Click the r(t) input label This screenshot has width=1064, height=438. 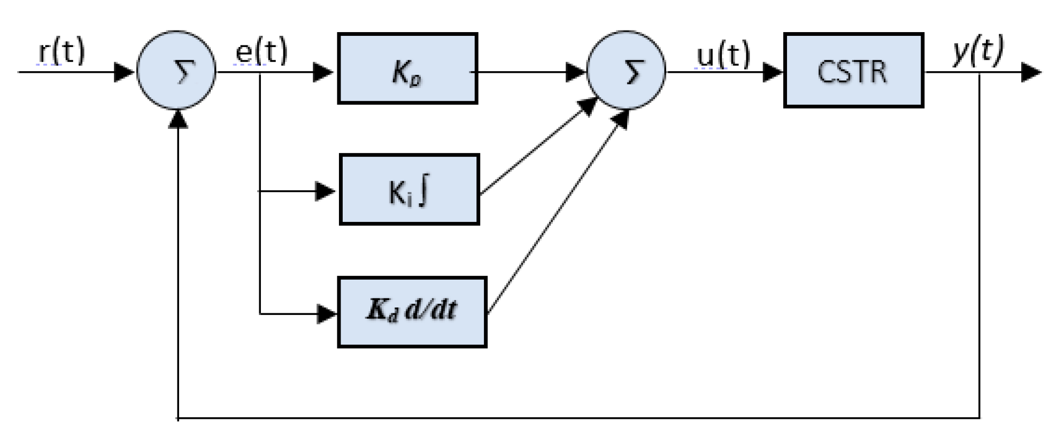click(x=61, y=52)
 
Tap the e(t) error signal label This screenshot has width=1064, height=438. click(x=261, y=52)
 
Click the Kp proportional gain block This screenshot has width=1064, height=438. click(x=407, y=68)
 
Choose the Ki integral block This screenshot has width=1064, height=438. click(x=410, y=190)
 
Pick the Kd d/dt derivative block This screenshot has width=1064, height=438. click(x=412, y=312)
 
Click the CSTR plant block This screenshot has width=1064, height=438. click(x=853, y=71)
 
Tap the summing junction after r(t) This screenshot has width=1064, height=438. click(x=176, y=71)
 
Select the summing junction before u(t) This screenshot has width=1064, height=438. click(x=626, y=71)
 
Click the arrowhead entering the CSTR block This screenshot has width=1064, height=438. click(x=773, y=72)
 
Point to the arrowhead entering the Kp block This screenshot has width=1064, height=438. click(x=323, y=72)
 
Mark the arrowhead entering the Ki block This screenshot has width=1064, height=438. click(x=325, y=191)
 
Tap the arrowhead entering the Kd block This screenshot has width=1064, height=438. click(x=326, y=314)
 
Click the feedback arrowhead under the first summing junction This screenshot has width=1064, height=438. click(x=178, y=120)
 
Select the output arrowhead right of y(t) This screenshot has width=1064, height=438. click(x=1031, y=72)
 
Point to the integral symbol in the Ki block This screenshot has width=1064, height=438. click(x=424, y=191)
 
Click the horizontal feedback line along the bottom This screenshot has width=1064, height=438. click(x=577, y=418)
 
